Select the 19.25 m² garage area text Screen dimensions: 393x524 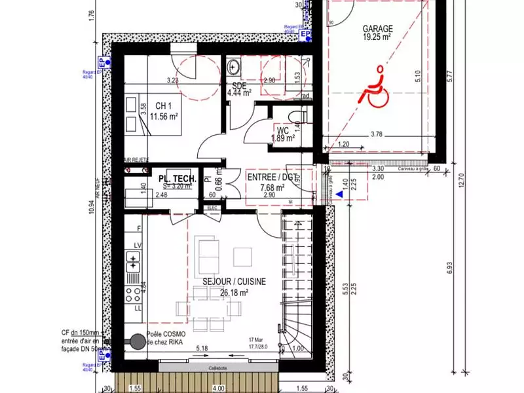(x=377, y=38)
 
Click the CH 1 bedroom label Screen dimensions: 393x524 (x=164, y=106)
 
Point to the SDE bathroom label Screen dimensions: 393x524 (x=238, y=85)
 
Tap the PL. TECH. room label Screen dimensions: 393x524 (x=174, y=178)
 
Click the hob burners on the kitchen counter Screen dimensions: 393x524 (x=134, y=291)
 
